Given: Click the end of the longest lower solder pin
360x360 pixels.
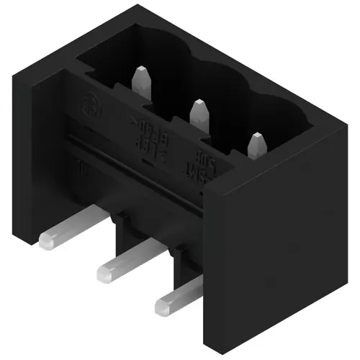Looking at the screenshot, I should (x=44, y=240).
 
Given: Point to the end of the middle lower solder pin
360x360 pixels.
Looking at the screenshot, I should (x=103, y=272).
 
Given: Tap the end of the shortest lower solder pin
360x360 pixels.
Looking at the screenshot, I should (x=161, y=307).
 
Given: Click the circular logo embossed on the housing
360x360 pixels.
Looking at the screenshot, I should (x=91, y=101).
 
